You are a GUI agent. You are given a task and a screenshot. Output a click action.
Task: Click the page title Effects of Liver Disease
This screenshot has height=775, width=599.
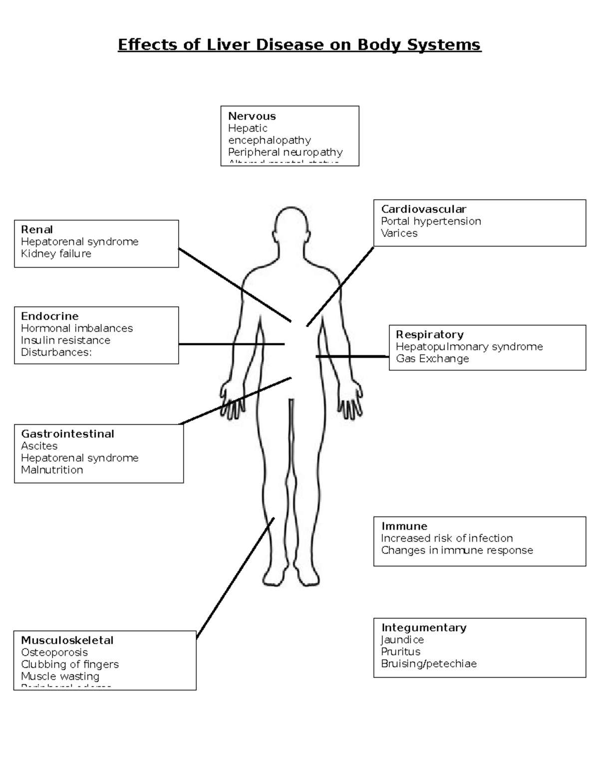click(299, 45)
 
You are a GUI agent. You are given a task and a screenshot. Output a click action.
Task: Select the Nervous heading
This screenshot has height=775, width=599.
click(252, 116)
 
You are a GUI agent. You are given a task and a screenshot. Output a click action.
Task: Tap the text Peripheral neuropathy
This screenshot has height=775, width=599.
click(285, 152)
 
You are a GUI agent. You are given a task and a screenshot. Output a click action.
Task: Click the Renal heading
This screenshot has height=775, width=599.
click(36, 230)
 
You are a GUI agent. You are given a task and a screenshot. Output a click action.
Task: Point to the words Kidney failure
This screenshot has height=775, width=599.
click(56, 254)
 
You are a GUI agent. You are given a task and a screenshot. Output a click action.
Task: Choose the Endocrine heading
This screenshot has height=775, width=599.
click(49, 316)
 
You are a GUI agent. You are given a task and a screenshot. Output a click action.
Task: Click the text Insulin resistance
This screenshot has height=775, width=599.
click(65, 340)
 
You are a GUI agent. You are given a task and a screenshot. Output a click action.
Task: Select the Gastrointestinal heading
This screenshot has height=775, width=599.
click(67, 434)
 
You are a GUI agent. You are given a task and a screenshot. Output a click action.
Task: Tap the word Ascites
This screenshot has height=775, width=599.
click(39, 446)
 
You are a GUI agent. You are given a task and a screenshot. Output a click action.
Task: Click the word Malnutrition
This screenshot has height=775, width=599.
click(52, 470)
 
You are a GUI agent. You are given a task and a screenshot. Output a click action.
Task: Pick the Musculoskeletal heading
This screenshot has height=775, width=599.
click(67, 640)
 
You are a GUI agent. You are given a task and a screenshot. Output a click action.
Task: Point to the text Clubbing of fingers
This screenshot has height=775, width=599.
click(70, 664)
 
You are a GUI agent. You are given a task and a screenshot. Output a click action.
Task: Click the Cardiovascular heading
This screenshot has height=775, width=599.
click(423, 209)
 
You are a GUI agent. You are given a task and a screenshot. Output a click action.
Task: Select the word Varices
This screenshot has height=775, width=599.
click(399, 233)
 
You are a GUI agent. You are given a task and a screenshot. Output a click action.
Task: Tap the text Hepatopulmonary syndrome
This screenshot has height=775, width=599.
click(469, 346)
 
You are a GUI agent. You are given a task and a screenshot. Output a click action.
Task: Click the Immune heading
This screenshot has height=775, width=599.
click(404, 526)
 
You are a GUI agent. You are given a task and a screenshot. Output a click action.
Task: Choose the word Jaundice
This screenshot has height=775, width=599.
click(402, 640)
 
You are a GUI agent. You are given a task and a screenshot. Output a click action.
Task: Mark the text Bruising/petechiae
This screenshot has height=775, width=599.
click(428, 664)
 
